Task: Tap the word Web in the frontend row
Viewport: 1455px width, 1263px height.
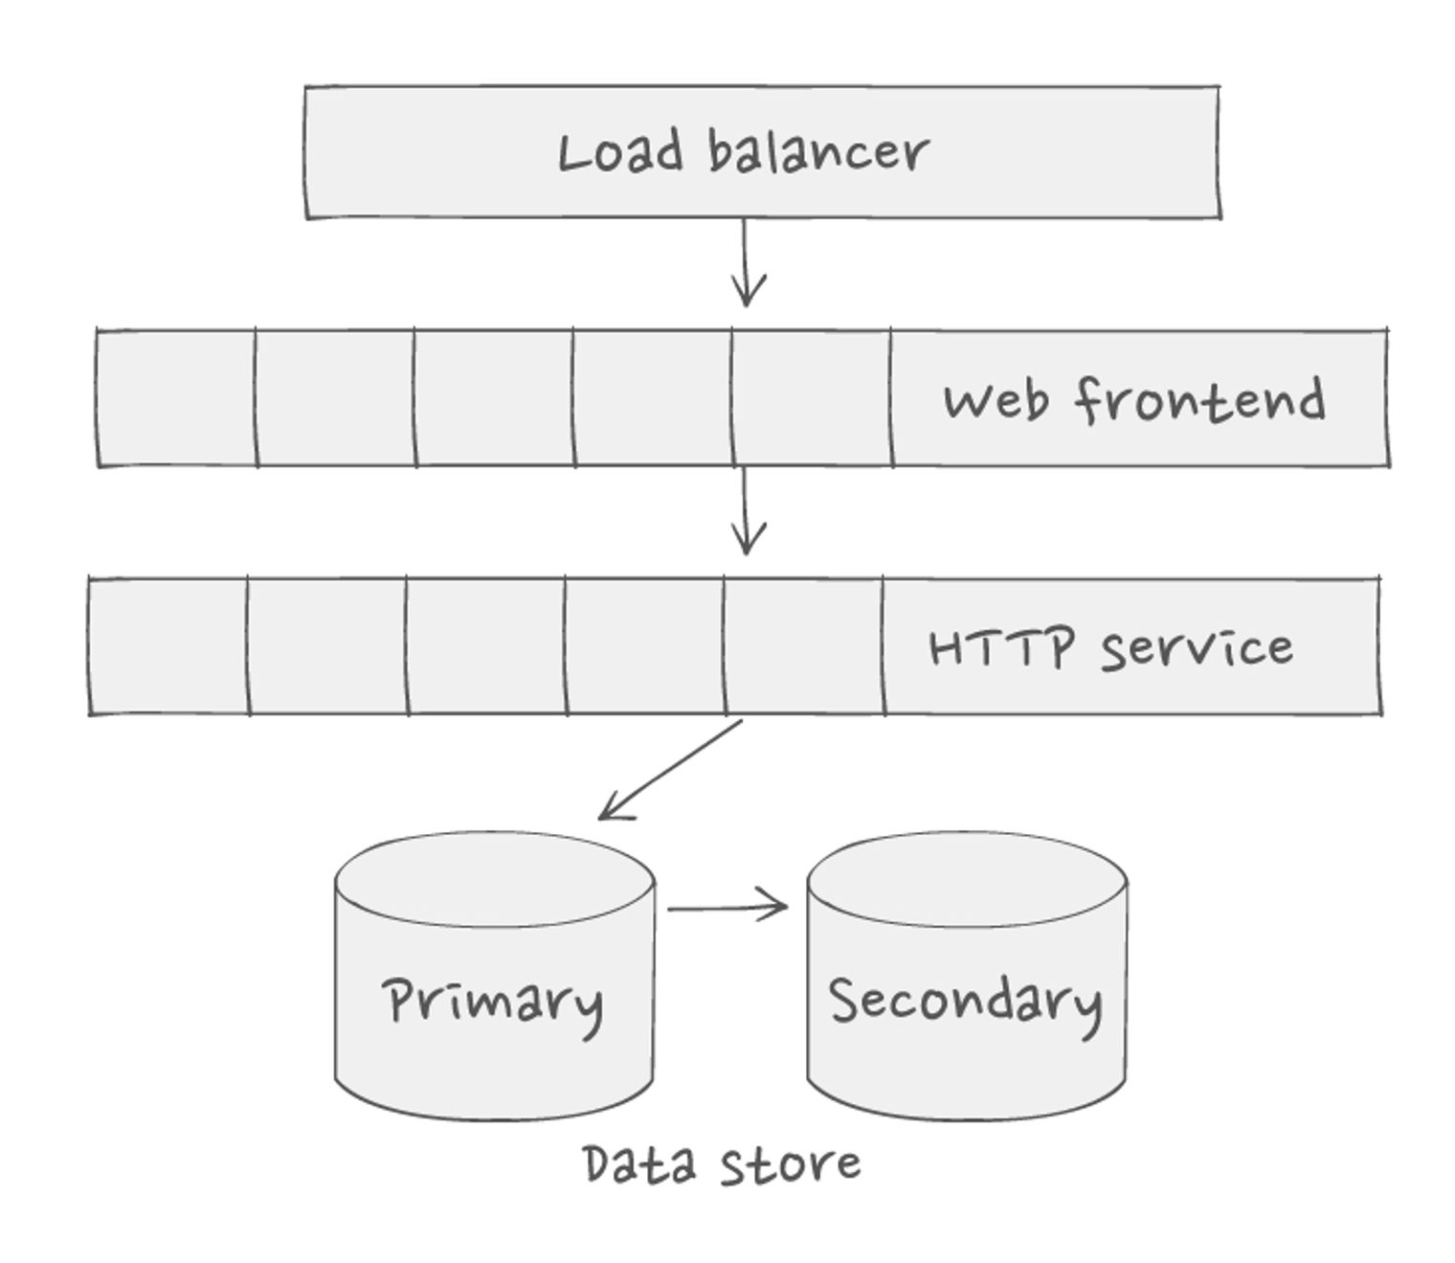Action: point(996,399)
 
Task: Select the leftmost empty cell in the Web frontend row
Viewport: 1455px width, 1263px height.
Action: point(176,398)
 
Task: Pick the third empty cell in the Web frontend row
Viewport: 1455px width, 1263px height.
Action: point(494,398)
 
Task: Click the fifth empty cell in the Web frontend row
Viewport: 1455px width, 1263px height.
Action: point(812,398)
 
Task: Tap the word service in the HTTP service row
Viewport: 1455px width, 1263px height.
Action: point(1197,648)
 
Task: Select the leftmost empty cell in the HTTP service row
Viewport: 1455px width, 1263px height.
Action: point(168,646)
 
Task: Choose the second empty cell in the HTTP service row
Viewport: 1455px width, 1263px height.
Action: point(327,646)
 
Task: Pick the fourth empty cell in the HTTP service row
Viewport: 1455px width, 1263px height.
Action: point(644,646)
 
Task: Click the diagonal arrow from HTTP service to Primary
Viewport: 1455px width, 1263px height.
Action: point(670,769)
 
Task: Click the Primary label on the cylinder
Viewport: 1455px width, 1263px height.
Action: point(493,1003)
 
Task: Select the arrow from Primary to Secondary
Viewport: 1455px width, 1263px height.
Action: point(727,906)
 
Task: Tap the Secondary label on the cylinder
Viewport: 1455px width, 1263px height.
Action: point(965,1002)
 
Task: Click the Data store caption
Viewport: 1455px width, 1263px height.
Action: point(722,1164)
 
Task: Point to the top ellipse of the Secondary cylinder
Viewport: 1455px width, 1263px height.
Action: point(967,878)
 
